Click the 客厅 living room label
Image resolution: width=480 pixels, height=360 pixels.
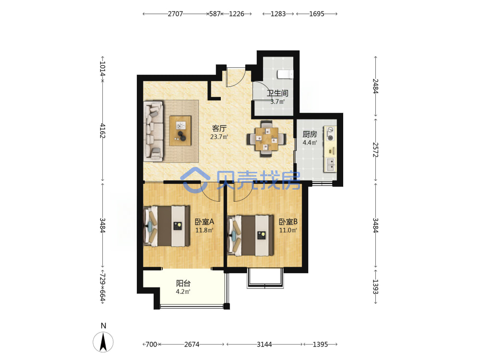tap(219, 128)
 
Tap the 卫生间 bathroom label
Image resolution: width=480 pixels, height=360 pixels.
tap(277, 93)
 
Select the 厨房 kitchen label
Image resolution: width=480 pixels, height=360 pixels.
tap(310, 134)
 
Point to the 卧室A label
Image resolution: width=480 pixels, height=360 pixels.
tap(204, 221)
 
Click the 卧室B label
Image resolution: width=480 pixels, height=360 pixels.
tap(288, 221)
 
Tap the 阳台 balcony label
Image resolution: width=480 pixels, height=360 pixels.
tap(183, 283)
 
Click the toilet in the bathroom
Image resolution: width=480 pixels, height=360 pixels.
tap(285, 74)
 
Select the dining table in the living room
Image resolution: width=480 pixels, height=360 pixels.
tap(266, 139)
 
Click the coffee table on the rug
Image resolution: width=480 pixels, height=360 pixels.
tap(180, 131)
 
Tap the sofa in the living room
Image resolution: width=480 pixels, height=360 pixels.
tap(154, 132)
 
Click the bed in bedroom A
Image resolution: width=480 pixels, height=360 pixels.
tap(167, 226)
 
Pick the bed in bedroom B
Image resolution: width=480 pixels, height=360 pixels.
tap(251, 235)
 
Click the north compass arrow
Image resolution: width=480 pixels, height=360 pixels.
tap(104, 342)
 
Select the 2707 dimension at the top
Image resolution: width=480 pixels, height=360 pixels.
tap(175, 14)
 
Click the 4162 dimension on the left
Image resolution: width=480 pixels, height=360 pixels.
tap(103, 131)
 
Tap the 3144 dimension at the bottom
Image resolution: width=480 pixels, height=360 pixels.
tap(264, 344)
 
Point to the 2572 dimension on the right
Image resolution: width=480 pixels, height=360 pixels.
tap(376, 150)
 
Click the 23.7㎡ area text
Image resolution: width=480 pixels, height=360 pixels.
tap(219, 137)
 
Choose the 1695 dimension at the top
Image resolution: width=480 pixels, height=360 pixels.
tap(316, 14)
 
